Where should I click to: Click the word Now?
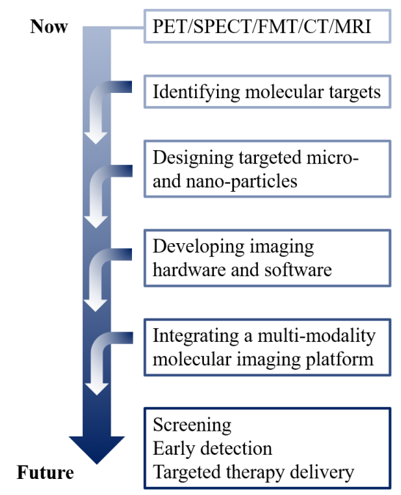(49, 26)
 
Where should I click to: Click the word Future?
(45, 472)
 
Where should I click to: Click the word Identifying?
(196, 92)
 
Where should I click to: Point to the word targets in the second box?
(355, 92)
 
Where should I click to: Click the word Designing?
(193, 157)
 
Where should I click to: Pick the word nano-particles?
(242, 181)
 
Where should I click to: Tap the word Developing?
(198, 247)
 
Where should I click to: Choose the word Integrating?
(196, 335)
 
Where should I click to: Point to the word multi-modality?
(317, 335)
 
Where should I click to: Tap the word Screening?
(192, 425)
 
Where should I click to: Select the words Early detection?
(213, 449)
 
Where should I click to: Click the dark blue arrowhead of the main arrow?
(97, 448)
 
